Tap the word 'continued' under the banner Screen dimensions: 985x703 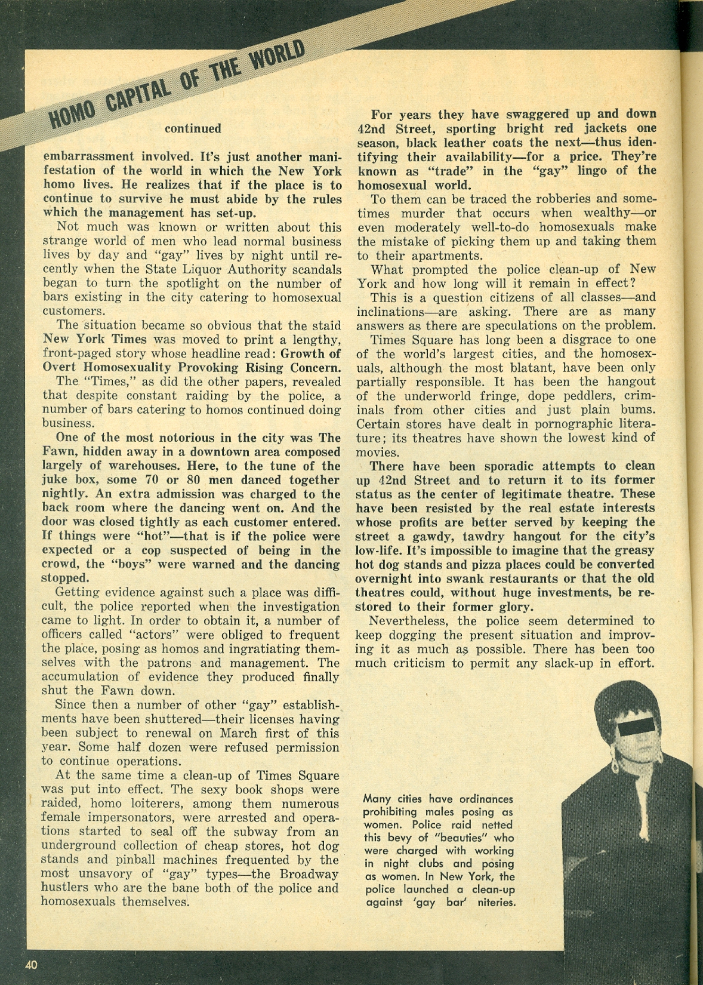(x=193, y=128)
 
